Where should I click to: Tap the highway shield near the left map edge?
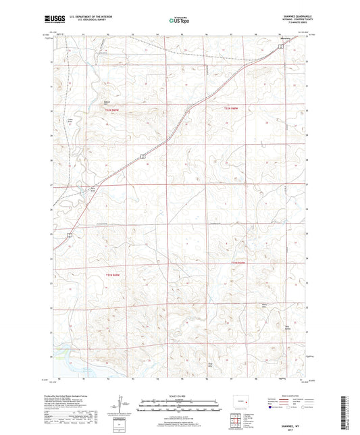coord(70,235)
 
